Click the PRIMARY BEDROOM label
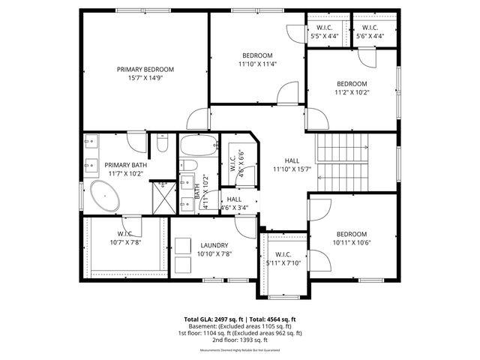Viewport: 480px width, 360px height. point(145,69)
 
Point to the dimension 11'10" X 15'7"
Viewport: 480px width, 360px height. point(292,169)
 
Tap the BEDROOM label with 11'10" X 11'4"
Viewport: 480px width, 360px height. point(257,55)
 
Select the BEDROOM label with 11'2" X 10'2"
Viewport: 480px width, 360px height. point(351,83)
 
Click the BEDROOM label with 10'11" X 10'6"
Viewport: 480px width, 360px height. point(352,233)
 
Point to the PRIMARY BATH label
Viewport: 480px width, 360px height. point(125,165)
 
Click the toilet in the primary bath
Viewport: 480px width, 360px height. point(162,144)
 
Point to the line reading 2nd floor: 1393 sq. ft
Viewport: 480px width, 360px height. point(240,340)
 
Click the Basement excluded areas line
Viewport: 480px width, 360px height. point(240,326)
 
